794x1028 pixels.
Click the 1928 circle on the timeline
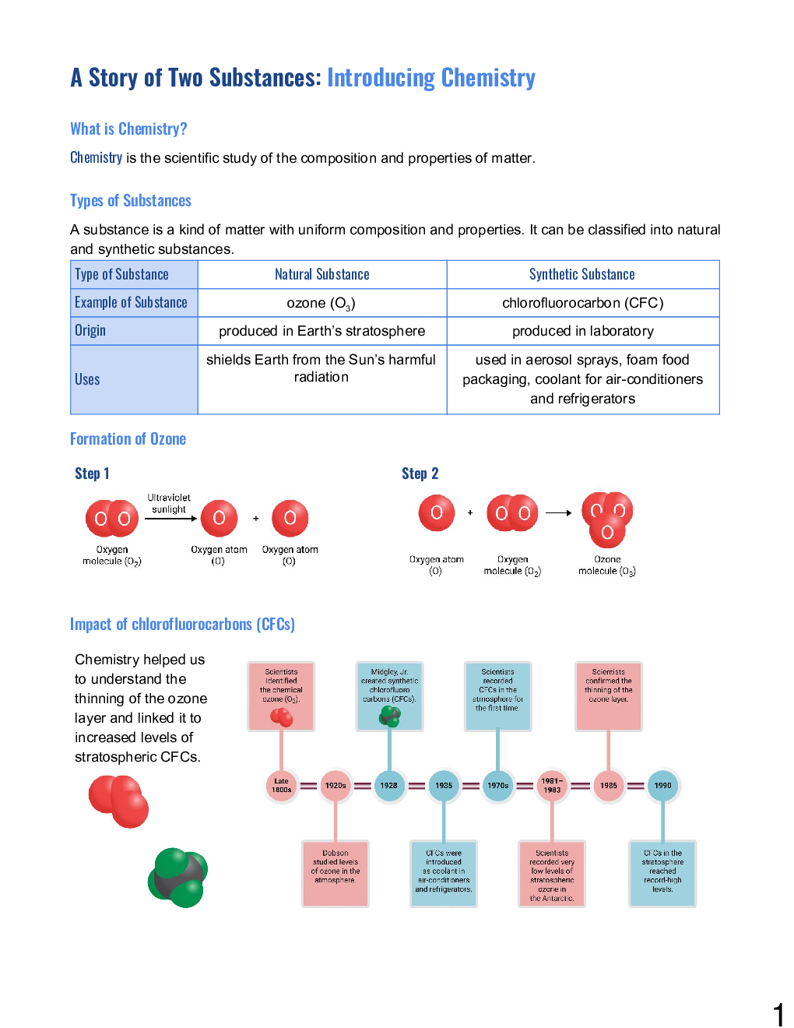pos(388,785)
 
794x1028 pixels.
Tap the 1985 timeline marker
pos(608,785)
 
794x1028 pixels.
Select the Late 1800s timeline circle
pos(281,785)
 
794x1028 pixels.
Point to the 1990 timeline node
pos(662,785)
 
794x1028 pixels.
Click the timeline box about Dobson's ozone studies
pos(336,873)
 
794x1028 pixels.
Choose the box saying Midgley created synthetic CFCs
pos(389,696)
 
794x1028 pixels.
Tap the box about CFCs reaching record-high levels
pos(662,873)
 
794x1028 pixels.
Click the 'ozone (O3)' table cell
pos(321,303)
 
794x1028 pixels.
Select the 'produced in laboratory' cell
pos(582,331)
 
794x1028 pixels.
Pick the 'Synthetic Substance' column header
pos(582,274)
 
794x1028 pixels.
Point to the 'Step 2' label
pos(420,474)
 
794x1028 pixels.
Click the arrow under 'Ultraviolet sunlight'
pos(170,519)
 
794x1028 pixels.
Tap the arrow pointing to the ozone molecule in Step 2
pos(558,512)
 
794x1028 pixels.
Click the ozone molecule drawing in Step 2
pos(607,519)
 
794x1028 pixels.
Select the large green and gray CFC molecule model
pos(178,878)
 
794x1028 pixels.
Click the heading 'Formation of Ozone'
pos(128,439)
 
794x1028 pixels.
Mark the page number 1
pos(778,1015)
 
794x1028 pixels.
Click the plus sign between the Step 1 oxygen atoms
pos(255,518)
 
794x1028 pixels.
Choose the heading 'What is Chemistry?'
pos(128,129)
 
